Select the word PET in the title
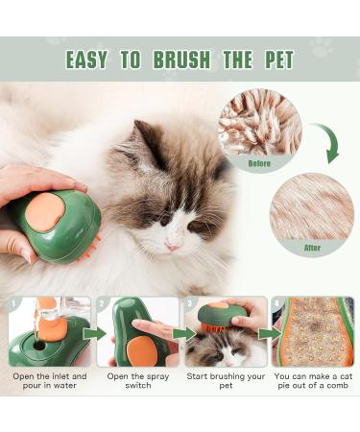pos(273,60)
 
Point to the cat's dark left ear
pos(146,144)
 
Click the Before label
pos(259,163)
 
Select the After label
pos(312,247)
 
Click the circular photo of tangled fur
pos(259,125)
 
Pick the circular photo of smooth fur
pos(312,206)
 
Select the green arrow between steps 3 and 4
pos(269,334)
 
